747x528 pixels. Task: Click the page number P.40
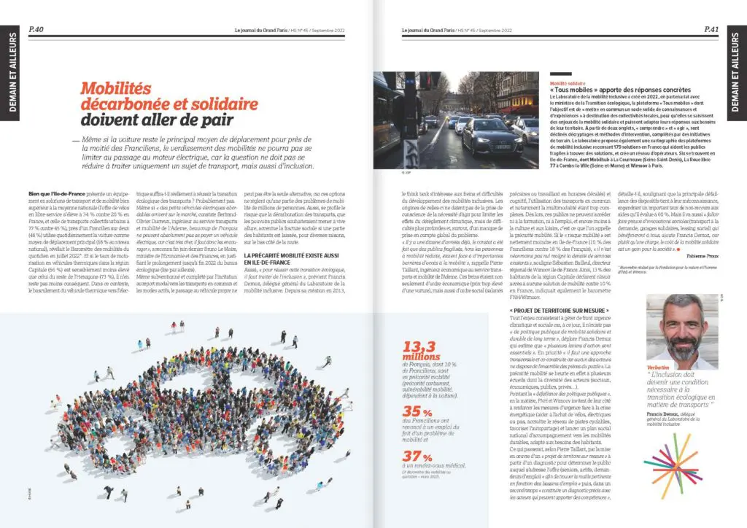click(x=36, y=29)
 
